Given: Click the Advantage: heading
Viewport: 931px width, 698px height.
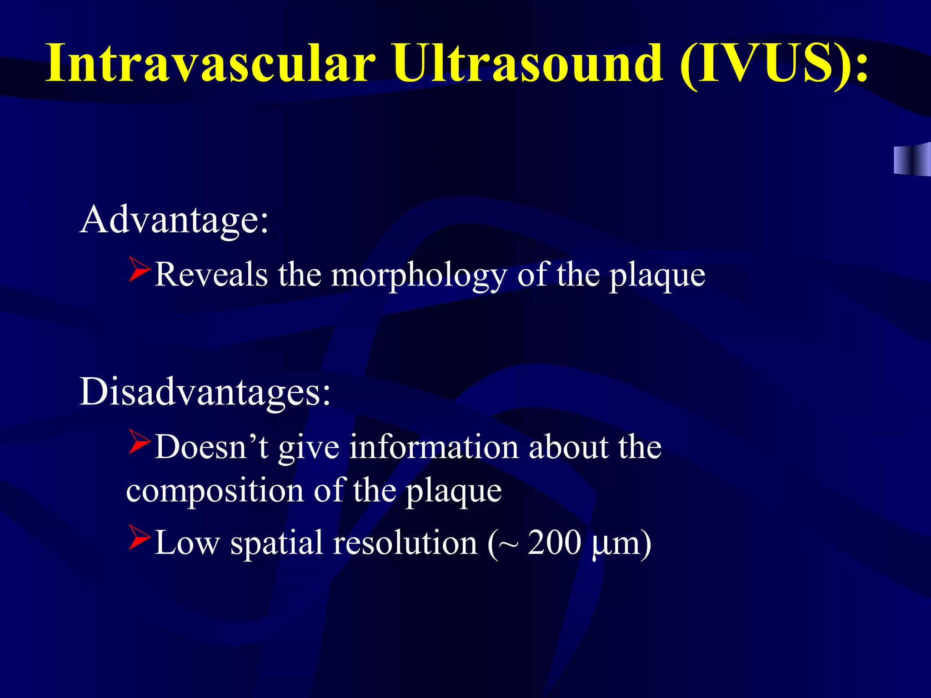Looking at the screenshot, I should (175, 220).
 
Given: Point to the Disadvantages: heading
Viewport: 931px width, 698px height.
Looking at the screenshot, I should (205, 392).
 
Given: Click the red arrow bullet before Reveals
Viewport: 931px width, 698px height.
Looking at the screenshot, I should (139, 269).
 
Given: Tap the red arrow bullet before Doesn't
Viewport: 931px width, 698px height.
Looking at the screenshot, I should (139, 442).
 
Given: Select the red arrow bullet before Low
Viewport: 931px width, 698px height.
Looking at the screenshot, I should (139, 538).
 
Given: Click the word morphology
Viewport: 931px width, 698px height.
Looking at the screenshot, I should (418, 276).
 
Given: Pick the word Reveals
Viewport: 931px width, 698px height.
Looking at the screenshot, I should (211, 275).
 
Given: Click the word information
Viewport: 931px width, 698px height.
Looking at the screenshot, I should (434, 447).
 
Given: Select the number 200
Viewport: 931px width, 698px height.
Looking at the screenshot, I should (554, 543).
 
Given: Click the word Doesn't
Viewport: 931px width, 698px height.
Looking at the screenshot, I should (211, 447).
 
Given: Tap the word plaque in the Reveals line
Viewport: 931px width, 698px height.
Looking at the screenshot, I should (657, 276).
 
